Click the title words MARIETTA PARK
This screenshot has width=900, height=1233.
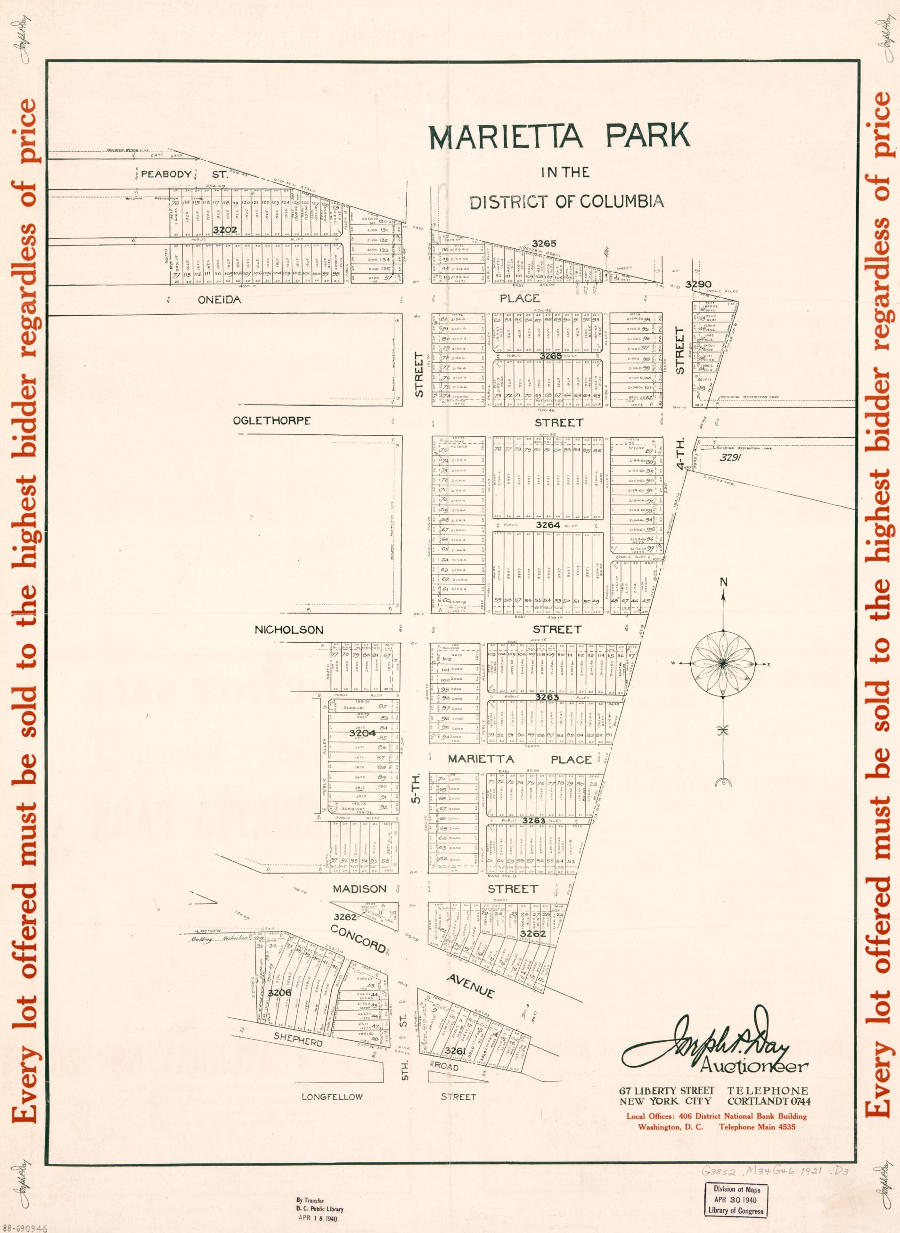pyautogui.click(x=559, y=137)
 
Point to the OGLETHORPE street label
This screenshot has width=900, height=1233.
pyautogui.click(x=272, y=421)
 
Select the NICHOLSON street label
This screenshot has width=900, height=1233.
pyautogui.click(x=289, y=629)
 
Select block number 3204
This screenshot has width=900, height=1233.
pyautogui.click(x=362, y=733)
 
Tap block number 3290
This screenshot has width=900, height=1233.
pyautogui.click(x=699, y=284)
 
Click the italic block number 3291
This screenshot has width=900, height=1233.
pyautogui.click(x=730, y=457)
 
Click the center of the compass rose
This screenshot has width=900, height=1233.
pyautogui.click(x=722, y=662)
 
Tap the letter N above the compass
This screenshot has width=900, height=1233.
pyautogui.click(x=723, y=582)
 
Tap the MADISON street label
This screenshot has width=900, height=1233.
pyautogui.click(x=360, y=889)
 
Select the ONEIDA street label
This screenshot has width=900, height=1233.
pyautogui.click(x=219, y=300)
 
